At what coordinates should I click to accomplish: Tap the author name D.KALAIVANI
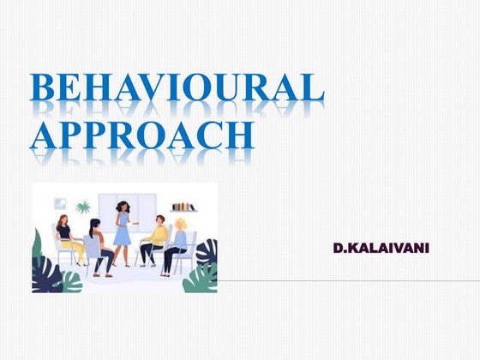pyautogui.click(x=381, y=249)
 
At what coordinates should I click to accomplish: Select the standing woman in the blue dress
pyautogui.click(x=123, y=231)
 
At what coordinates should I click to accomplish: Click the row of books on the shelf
pyautogui.click(x=183, y=207)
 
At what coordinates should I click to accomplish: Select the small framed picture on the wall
pyautogui.click(x=60, y=204)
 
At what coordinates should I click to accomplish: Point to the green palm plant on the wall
pyautogui.click(x=83, y=207)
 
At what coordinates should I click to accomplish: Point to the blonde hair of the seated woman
pyautogui.click(x=181, y=225)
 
